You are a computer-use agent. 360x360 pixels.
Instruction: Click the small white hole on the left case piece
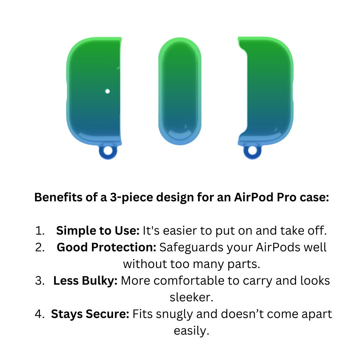[x=107, y=91]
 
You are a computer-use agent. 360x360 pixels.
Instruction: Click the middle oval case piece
[x=180, y=91]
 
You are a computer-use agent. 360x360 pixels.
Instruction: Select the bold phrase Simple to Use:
[x=98, y=231]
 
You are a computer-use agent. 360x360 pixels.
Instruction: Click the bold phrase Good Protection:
[x=107, y=247]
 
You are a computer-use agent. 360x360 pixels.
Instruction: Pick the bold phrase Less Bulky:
[x=85, y=281]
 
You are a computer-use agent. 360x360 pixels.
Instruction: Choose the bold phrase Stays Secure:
[x=90, y=314]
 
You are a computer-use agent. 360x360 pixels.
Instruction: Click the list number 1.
[x=40, y=231]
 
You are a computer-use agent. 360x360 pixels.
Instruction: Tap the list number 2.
[x=40, y=247]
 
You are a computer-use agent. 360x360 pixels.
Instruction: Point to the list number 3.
[x=40, y=281]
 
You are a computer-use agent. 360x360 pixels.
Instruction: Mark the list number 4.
[x=40, y=314]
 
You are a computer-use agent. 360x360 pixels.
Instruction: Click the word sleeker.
[x=191, y=297]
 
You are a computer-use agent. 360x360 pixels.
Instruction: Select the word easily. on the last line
[x=191, y=331]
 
